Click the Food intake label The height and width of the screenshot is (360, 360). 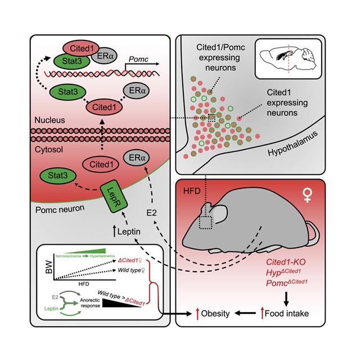pos(293,313)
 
